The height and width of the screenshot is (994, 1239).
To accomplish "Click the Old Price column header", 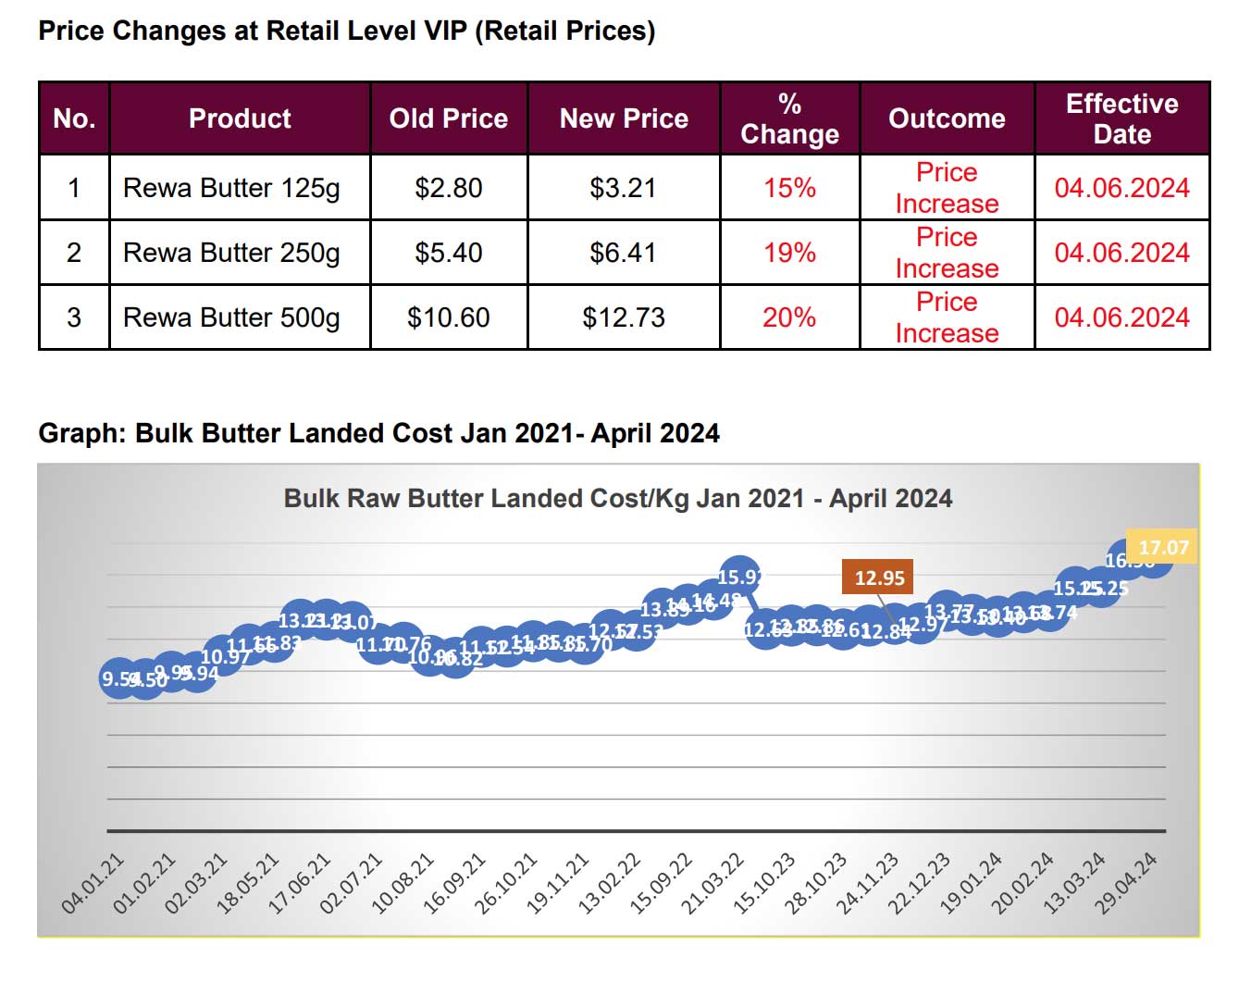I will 448,118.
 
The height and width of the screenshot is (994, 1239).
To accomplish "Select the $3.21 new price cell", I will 623,188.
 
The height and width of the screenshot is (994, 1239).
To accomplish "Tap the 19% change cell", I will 789,253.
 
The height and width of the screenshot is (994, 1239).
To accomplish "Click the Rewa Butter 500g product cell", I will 231,317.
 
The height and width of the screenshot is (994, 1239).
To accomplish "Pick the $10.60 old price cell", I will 448,317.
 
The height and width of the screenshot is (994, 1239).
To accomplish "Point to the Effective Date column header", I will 1121,118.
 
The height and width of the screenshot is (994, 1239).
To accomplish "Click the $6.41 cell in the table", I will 623,253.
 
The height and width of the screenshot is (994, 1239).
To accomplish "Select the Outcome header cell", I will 947,118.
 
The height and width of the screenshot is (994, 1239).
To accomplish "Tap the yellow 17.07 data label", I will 1163,547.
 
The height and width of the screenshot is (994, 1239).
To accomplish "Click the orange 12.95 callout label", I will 879,578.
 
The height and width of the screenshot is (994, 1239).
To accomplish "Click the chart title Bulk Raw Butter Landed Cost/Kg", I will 617,499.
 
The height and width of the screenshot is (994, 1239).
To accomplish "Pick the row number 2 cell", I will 74,253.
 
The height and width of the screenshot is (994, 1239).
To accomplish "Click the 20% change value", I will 789,317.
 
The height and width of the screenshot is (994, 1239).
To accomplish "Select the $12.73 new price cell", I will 623,317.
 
